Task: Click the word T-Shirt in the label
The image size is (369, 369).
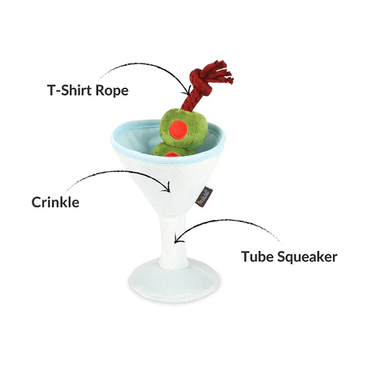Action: pyautogui.click(x=69, y=90)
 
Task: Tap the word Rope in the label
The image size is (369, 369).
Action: pyautogui.click(x=112, y=91)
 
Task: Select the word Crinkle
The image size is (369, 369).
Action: pyautogui.click(x=55, y=202)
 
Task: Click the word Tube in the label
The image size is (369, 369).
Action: pyautogui.click(x=258, y=257)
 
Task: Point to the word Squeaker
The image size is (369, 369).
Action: pyautogui.click(x=307, y=258)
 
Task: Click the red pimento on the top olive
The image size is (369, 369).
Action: pyautogui.click(x=179, y=129)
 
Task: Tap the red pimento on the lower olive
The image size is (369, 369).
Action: pyautogui.click(x=171, y=154)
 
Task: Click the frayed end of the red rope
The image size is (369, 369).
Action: pyautogui.click(x=223, y=72)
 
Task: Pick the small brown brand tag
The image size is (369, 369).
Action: pyautogui.click(x=205, y=196)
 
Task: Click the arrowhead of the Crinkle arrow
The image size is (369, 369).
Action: pyautogui.click(x=168, y=188)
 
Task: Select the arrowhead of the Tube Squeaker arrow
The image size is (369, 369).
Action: pyautogui.click(x=177, y=238)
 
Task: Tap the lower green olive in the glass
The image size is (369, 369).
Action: pyautogui.click(x=172, y=150)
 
